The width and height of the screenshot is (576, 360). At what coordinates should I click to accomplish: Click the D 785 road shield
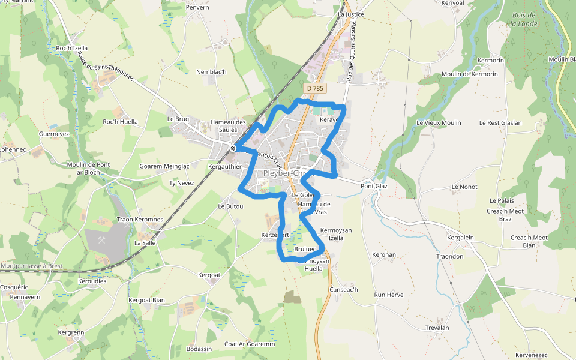click(314, 88)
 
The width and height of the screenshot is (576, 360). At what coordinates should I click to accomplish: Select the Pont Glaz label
click(374, 186)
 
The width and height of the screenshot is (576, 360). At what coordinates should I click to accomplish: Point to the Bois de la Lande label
click(524, 19)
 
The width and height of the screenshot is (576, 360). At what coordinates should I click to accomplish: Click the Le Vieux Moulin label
click(439, 122)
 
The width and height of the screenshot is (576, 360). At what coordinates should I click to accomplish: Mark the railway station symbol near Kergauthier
click(233, 148)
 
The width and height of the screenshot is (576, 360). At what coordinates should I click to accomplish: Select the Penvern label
click(197, 7)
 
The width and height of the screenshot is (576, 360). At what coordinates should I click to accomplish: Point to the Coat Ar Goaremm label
click(249, 344)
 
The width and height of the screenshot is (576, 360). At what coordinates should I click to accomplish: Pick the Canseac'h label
click(343, 290)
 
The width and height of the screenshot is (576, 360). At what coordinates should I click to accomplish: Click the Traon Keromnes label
click(140, 220)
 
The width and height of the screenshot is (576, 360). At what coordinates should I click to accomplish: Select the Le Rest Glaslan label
click(500, 122)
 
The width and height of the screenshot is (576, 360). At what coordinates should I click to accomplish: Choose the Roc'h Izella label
click(71, 48)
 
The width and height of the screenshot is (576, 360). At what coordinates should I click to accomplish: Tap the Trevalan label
click(437, 328)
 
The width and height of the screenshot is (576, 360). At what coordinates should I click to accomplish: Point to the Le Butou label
click(230, 206)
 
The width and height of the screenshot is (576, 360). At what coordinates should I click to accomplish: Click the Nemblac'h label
click(211, 72)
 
